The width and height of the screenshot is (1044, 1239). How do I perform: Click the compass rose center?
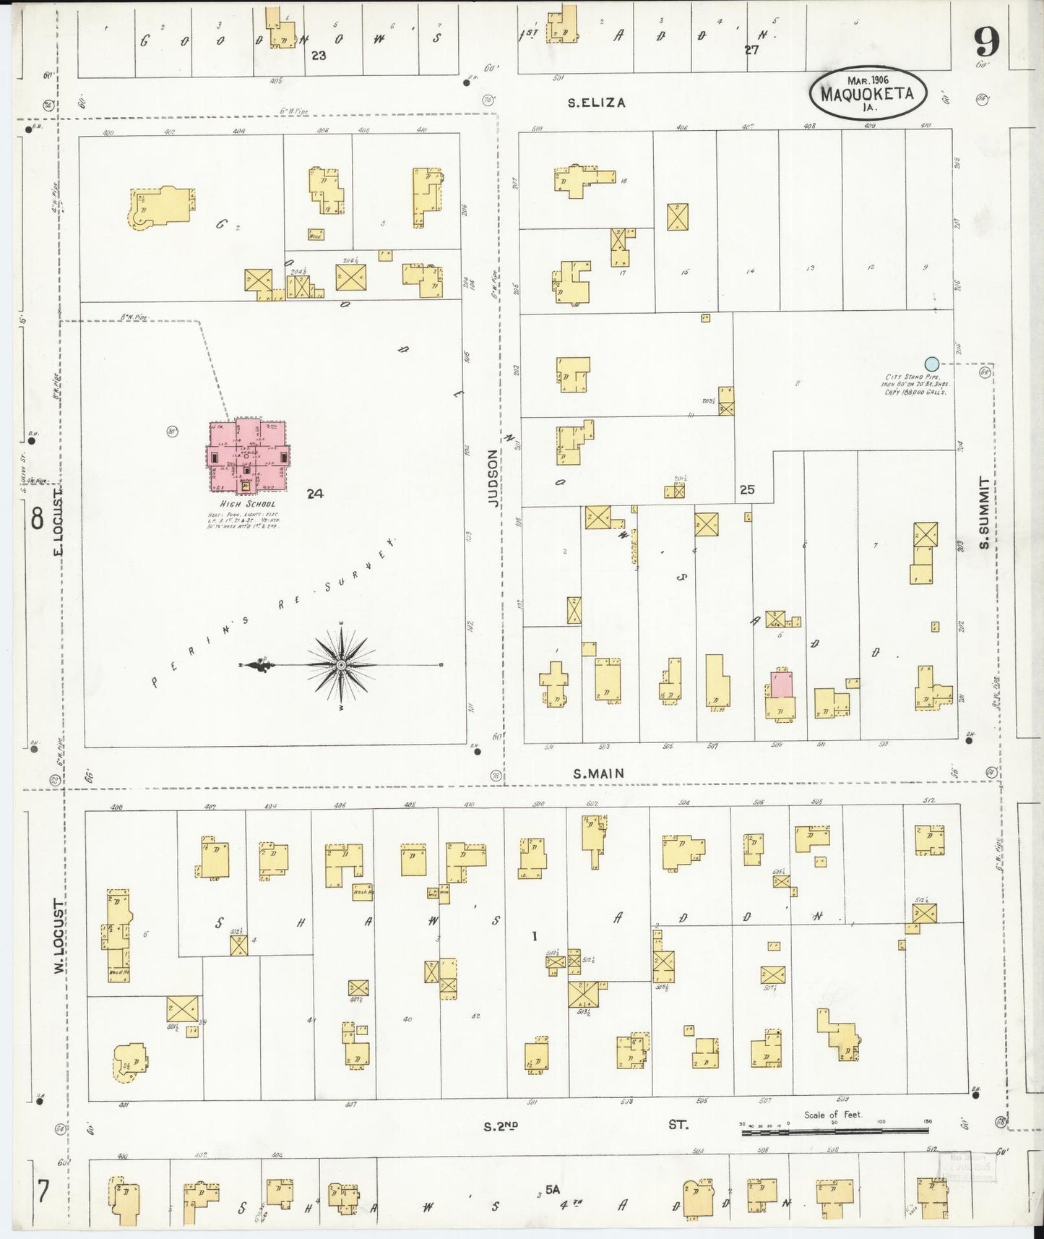[340, 664]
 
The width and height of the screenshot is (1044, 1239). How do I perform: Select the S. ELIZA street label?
[596, 103]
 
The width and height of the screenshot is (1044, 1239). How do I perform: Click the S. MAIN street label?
[599, 773]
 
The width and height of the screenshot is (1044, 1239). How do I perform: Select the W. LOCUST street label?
[60, 936]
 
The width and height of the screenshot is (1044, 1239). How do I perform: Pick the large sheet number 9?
[986, 43]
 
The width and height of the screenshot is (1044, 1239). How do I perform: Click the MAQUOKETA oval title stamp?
[871, 93]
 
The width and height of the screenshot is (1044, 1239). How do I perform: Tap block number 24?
[314, 494]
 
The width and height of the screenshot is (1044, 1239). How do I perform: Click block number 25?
[747, 489]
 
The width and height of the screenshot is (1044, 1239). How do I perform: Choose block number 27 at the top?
[751, 50]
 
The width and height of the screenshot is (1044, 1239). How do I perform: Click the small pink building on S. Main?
[780, 684]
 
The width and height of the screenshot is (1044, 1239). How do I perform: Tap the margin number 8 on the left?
[36, 518]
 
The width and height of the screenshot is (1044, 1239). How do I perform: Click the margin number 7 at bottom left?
[43, 1191]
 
